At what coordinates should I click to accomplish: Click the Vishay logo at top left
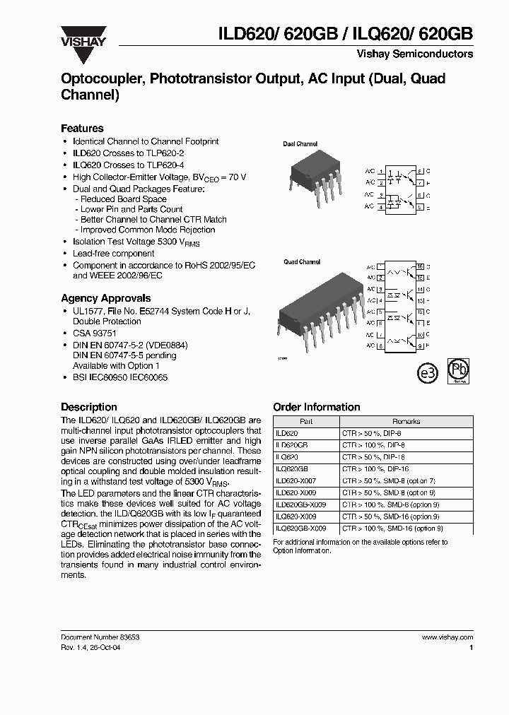click(x=83, y=40)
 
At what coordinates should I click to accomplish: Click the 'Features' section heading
click(x=82, y=129)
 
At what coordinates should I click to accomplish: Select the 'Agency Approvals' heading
click(x=105, y=298)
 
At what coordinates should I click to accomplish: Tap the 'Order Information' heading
click(x=316, y=407)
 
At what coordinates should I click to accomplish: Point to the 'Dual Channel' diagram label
click(x=300, y=144)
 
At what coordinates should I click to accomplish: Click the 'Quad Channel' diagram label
click(x=302, y=262)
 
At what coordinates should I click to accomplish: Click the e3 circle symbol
click(x=428, y=374)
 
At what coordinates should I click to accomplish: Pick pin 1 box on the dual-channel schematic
click(x=382, y=172)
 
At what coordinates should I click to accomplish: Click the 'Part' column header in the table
click(x=306, y=421)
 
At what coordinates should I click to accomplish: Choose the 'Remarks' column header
click(x=406, y=421)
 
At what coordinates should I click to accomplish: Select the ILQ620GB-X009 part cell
click(x=300, y=528)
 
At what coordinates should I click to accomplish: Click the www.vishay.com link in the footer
click(x=447, y=637)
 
